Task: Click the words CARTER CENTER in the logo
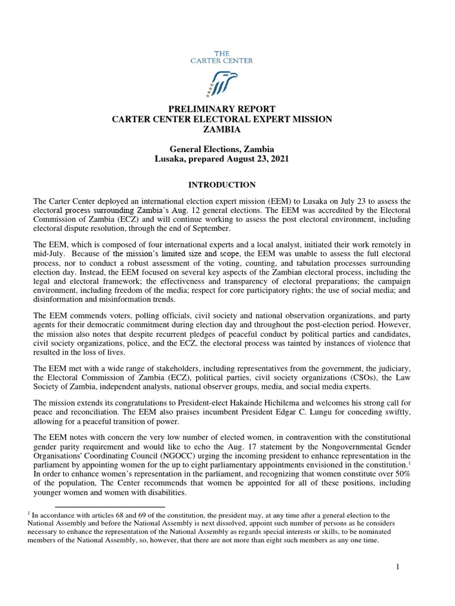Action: [222, 60]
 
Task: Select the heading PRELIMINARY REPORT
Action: [222, 109]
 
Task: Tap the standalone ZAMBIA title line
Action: [222, 128]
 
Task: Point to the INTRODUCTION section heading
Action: [222, 185]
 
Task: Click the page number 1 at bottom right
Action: [398, 568]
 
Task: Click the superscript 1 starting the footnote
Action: [36, 514]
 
